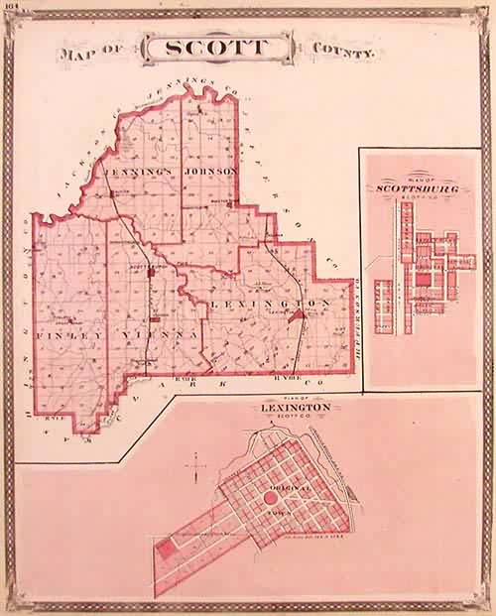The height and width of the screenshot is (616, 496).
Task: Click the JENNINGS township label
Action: point(143,172)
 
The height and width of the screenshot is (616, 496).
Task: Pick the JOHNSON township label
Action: point(210,172)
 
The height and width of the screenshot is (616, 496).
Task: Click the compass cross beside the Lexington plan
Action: point(195,461)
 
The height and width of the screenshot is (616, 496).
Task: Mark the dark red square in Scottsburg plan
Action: point(424,280)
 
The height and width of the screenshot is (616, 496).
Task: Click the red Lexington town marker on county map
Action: point(291,311)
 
